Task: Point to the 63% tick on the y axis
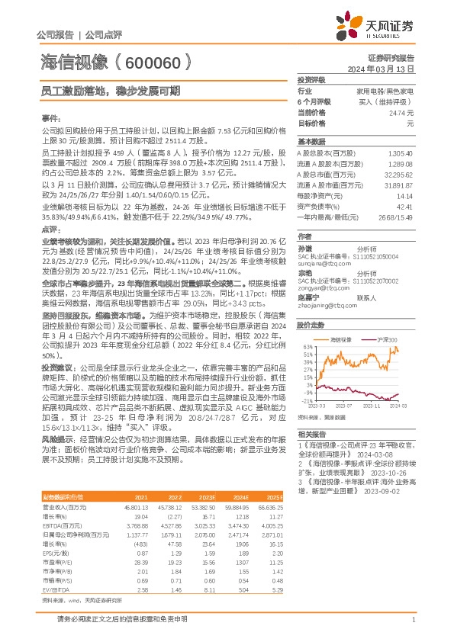tap(306, 345)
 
